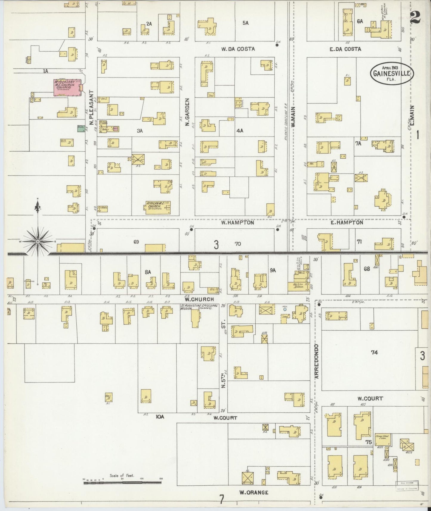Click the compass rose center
[38, 241]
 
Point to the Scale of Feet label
[122, 476]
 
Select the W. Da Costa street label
[238, 49]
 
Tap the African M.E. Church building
[158, 207]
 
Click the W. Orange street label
[254, 492]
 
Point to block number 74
[374, 352]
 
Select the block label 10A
[160, 417]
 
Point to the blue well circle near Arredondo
[285, 309]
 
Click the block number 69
[136, 242]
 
